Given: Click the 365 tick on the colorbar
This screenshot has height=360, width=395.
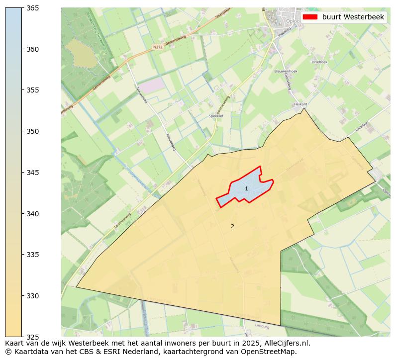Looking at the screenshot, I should point(32,8).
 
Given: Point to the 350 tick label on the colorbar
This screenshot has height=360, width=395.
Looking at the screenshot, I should point(32,131).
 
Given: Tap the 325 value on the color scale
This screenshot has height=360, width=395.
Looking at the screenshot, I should point(32,337).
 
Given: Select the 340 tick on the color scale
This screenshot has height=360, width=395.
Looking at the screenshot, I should point(32,214).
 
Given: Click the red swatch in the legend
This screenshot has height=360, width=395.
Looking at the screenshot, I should point(309,17).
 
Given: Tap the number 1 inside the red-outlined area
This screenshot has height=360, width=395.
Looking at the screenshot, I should point(246,189).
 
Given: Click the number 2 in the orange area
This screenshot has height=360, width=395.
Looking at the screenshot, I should point(232,226).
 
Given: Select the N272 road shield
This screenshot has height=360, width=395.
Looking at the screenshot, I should point(158,47).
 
